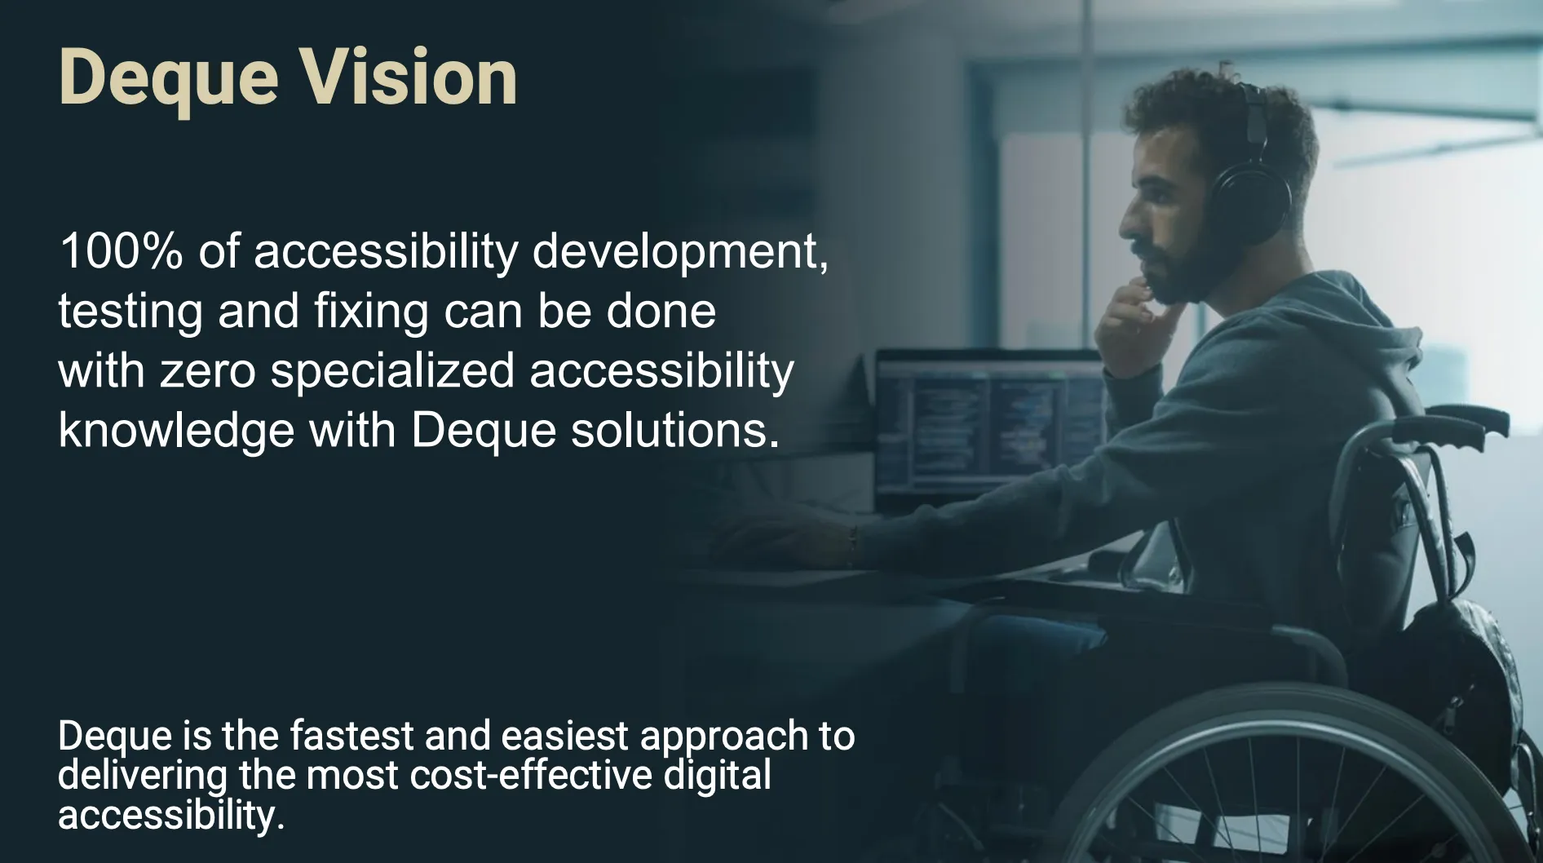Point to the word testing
click(x=130, y=312)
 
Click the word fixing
click(x=371, y=312)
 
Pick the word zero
click(x=208, y=371)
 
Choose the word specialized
click(x=392, y=372)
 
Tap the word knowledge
click(x=175, y=431)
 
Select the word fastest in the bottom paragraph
click(x=351, y=736)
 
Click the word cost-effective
click(x=531, y=775)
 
